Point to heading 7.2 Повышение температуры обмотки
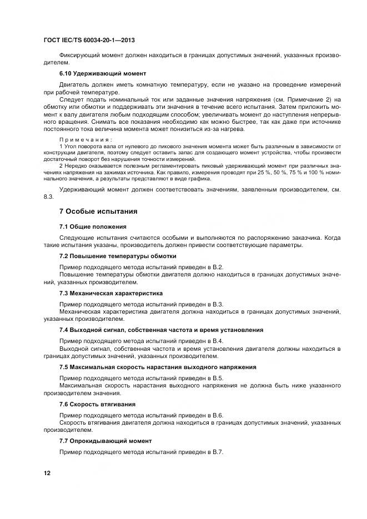click(x=118, y=256)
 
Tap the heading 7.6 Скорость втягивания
click(x=98, y=404)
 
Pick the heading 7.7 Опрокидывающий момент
click(x=105, y=441)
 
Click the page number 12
click(x=47, y=472)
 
